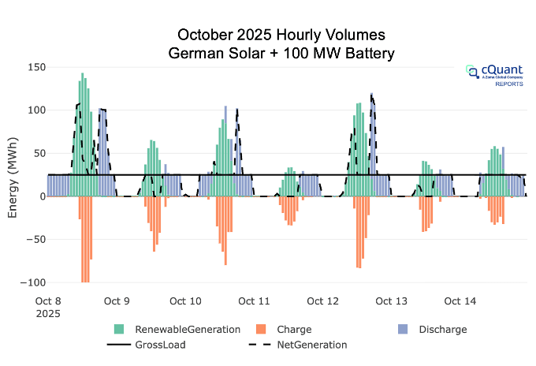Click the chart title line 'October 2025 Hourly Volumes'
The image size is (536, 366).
pyautogui.click(x=281, y=35)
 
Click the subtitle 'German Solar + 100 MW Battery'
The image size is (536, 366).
pyautogui.click(x=281, y=54)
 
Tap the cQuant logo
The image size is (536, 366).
pyautogui.click(x=493, y=74)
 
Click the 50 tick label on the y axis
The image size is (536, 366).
pyautogui.click(x=35, y=153)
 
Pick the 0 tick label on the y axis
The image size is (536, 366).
pyautogui.click(x=39, y=196)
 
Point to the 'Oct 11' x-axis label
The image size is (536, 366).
pyautogui.click(x=254, y=301)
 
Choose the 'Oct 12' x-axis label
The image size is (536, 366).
pyautogui.click(x=322, y=301)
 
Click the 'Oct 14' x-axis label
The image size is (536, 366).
pyautogui.click(x=460, y=301)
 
